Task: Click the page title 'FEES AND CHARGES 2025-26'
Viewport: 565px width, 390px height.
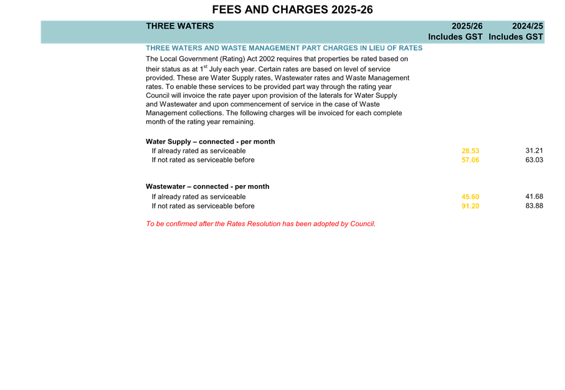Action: (x=292, y=10)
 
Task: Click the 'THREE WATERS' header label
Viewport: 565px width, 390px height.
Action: (x=179, y=26)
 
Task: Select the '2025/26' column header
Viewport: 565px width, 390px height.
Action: (x=467, y=26)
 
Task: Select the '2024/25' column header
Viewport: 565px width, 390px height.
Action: (x=527, y=26)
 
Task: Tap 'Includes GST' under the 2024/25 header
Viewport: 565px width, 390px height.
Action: (x=516, y=37)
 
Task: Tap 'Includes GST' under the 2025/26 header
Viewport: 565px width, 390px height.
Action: (x=455, y=37)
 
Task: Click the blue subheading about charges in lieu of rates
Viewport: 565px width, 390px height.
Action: (x=284, y=48)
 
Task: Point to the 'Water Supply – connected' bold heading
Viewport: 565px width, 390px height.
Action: (x=210, y=141)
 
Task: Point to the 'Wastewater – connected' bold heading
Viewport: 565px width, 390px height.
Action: (x=207, y=186)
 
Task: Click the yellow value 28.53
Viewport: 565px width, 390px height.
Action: (x=470, y=151)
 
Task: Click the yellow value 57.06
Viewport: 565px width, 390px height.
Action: (x=470, y=160)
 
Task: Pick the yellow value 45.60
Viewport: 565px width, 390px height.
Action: (x=470, y=197)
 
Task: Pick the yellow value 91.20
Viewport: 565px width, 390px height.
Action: (x=470, y=206)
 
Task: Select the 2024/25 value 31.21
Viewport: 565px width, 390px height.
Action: (x=534, y=151)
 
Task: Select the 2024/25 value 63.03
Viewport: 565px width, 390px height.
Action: (x=534, y=160)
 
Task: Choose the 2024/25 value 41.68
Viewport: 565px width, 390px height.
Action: (x=534, y=197)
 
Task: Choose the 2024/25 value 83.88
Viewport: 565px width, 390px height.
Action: (x=534, y=206)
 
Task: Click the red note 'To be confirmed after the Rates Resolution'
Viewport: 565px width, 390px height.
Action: (x=260, y=224)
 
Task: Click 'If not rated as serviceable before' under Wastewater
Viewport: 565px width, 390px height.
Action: (x=203, y=206)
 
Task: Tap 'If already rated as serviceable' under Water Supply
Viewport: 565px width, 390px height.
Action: (x=199, y=151)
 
